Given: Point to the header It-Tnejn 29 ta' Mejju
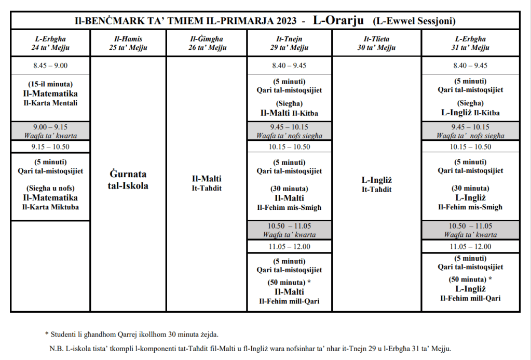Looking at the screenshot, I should [289, 43].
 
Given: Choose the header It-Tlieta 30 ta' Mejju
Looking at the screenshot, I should [377, 43].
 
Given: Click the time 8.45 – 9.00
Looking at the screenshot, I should [50, 65].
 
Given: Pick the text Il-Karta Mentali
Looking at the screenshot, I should [50, 103].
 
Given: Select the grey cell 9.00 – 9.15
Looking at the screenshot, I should [50, 131].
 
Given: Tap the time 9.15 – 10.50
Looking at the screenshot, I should [50, 146].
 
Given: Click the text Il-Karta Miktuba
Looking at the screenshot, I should [50, 207].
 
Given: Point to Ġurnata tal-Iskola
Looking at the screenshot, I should [128, 180].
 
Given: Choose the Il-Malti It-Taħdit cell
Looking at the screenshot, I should [206, 183].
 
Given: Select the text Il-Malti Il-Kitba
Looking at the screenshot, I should [289, 113].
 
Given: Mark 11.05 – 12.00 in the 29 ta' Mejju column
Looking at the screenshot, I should [289, 247].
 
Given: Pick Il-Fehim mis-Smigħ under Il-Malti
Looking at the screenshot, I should [289, 207].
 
